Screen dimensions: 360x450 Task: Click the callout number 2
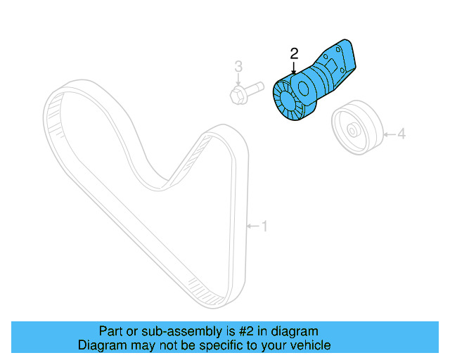pos(294,53)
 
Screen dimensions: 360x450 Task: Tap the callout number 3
pos(238,67)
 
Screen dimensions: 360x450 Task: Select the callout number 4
pos(402,133)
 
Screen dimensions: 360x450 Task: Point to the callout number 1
pos(264,226)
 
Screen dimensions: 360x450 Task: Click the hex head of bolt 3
pos(238,94)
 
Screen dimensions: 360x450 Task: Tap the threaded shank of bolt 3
pos(255,88)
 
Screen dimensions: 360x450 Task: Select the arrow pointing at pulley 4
pos(390,133)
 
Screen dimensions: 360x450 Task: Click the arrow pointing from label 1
pos(252,226)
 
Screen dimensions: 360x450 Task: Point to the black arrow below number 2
pos(294,67)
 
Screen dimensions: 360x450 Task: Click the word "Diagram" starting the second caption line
pos(101,345)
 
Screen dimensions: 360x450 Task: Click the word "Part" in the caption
pos(110,330)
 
